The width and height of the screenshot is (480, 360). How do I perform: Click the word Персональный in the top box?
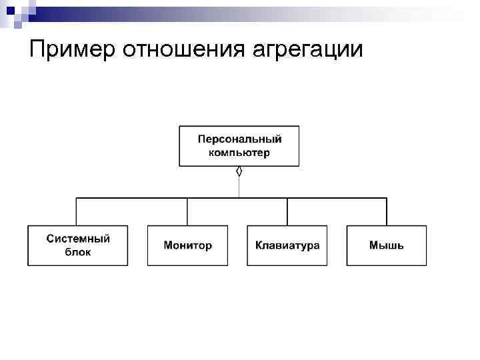(239, 139)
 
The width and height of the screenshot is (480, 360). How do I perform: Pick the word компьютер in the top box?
(239, 153)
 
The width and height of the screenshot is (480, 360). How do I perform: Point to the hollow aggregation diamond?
(239, 171)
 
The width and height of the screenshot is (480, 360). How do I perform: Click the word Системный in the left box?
(78, 239)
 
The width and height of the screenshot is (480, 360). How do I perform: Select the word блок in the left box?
(78, 253)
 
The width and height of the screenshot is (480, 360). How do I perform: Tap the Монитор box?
(187, 245)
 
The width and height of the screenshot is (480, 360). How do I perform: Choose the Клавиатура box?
(287, 245)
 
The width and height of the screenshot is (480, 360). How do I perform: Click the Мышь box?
(387, 245)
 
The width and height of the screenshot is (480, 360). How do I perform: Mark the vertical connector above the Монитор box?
(187, 212)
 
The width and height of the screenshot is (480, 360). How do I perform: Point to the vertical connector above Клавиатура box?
(287, 212)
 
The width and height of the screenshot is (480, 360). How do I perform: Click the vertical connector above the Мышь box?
(387, 212)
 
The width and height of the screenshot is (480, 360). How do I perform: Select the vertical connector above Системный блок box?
(77, 212)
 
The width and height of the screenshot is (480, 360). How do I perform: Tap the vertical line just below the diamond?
(239, 187)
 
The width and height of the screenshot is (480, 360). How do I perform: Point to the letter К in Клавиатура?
(259, 245)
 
